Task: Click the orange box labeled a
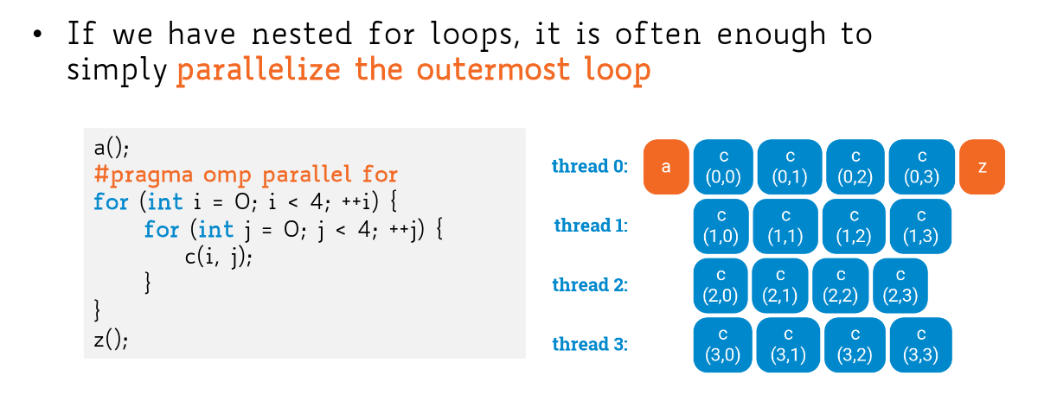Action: click(x=666, y=167)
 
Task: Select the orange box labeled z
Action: click(x=982, y=167)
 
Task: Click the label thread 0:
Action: click(x=590, y=166)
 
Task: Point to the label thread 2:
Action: click(x=590, y=285)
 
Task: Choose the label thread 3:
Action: click(x=590, y=344)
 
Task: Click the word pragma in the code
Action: click(x=151, y=175)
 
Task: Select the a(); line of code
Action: click(x=112, y=148)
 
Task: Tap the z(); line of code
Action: click(x=111, y=340)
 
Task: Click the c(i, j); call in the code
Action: click(x=219, y=258)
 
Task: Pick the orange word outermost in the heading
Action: click(x=493, y=70)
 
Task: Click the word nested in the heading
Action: click(x=302, y=34)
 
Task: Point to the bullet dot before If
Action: click(x=38, y=35)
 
